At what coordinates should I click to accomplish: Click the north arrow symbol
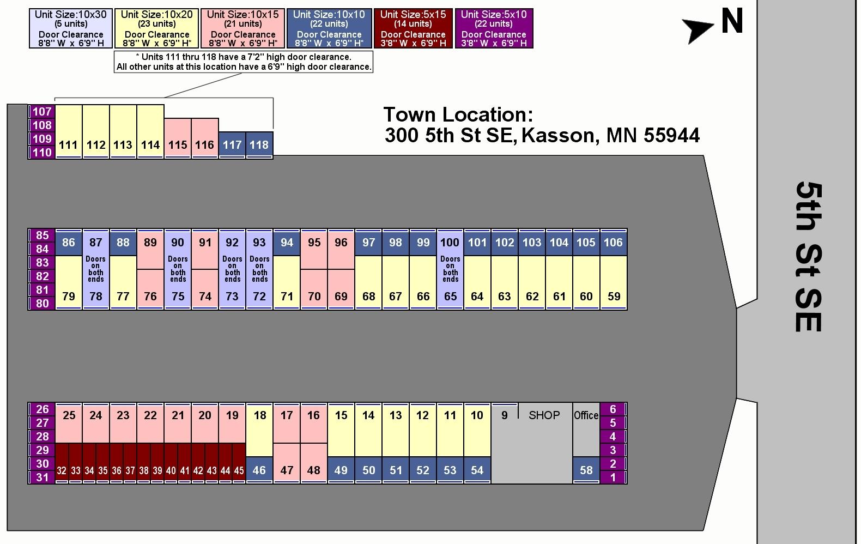[x=698, y=29]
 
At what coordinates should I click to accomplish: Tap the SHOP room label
[x=544, y=415]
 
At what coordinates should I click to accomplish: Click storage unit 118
[x=259, y=145]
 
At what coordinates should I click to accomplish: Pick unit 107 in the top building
[x=42, y=112]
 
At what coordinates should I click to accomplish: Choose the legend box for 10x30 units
[x=71, y=28]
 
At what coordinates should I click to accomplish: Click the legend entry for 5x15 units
[x=413, y=28]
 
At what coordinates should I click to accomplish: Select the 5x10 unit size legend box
[x=494, y=28]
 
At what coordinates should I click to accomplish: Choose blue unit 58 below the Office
[x=586, y=470]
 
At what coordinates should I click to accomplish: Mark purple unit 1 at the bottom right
[x=613, y=477]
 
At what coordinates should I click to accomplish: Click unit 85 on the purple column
[x=42, y=235]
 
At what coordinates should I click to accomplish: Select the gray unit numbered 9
[x=504, y=415]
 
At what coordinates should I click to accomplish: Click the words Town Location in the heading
[x=458, y=114]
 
